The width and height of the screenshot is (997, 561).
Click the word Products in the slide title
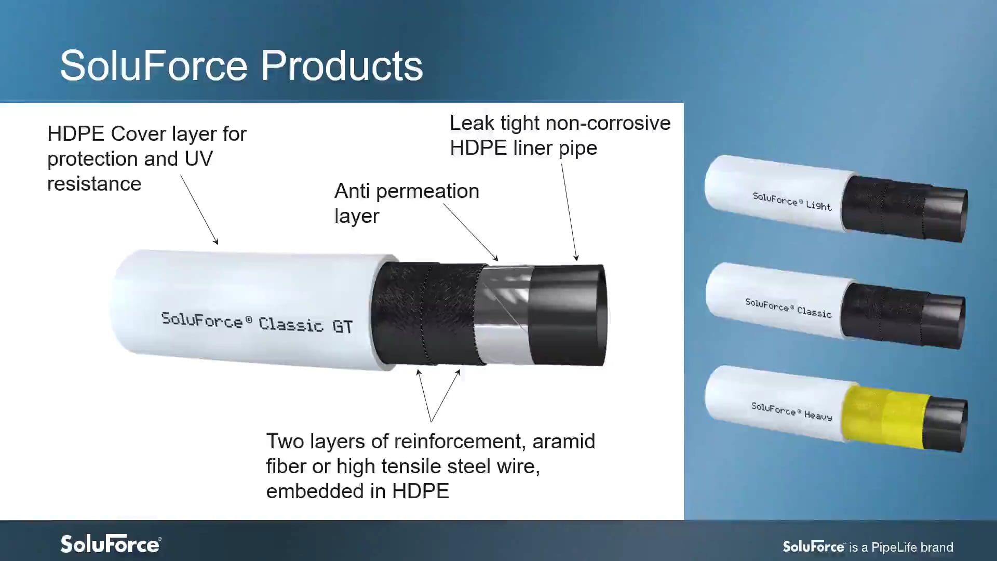342,66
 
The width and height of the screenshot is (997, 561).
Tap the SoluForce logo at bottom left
111,544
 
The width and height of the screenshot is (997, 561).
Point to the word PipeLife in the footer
894,547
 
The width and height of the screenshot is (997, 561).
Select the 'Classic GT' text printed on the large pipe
305,325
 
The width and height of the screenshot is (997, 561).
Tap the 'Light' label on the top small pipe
818,206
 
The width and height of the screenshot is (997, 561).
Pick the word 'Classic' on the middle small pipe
814,312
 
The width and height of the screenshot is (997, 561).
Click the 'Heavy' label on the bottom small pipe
818,415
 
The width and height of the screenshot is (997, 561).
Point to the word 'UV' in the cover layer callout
198,159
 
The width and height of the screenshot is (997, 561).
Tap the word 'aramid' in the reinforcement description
563,442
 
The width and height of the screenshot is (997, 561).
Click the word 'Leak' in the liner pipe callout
471,123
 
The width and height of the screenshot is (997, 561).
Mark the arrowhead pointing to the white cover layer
217,242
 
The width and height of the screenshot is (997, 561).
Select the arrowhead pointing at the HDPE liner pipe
576,258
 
